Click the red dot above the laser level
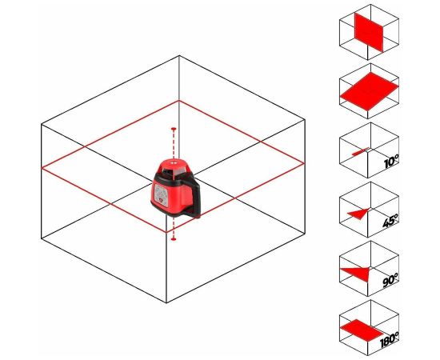[x=174, y=129]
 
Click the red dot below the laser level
[x=174, y=238]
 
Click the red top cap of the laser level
[x=173, y=162]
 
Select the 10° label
[x=391, y=162]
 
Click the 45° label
[x=390, y=221]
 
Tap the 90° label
[x=390, y=280]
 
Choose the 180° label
[x=390, y=339]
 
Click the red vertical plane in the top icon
[x=369, y=32]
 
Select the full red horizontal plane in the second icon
[x=370, y=91]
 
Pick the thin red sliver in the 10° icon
[x=361, y=151]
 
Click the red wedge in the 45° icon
[x=359, y=214]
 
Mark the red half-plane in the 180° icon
[x=362, y=330]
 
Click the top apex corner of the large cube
[x=179, y=56]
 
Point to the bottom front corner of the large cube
[x=166, y=302]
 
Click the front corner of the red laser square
[x=167, y=232]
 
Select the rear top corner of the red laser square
[x=179, y=101]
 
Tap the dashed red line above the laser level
[x=174, y=144]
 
